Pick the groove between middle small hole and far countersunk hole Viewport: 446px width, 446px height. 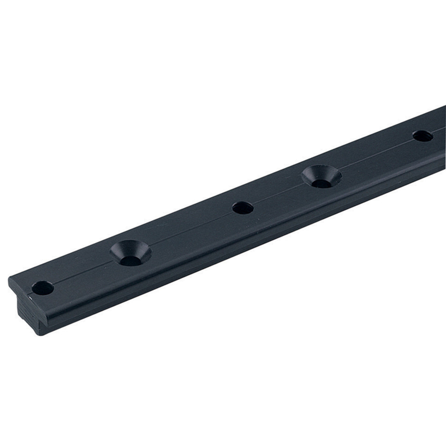tap(279, 194)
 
